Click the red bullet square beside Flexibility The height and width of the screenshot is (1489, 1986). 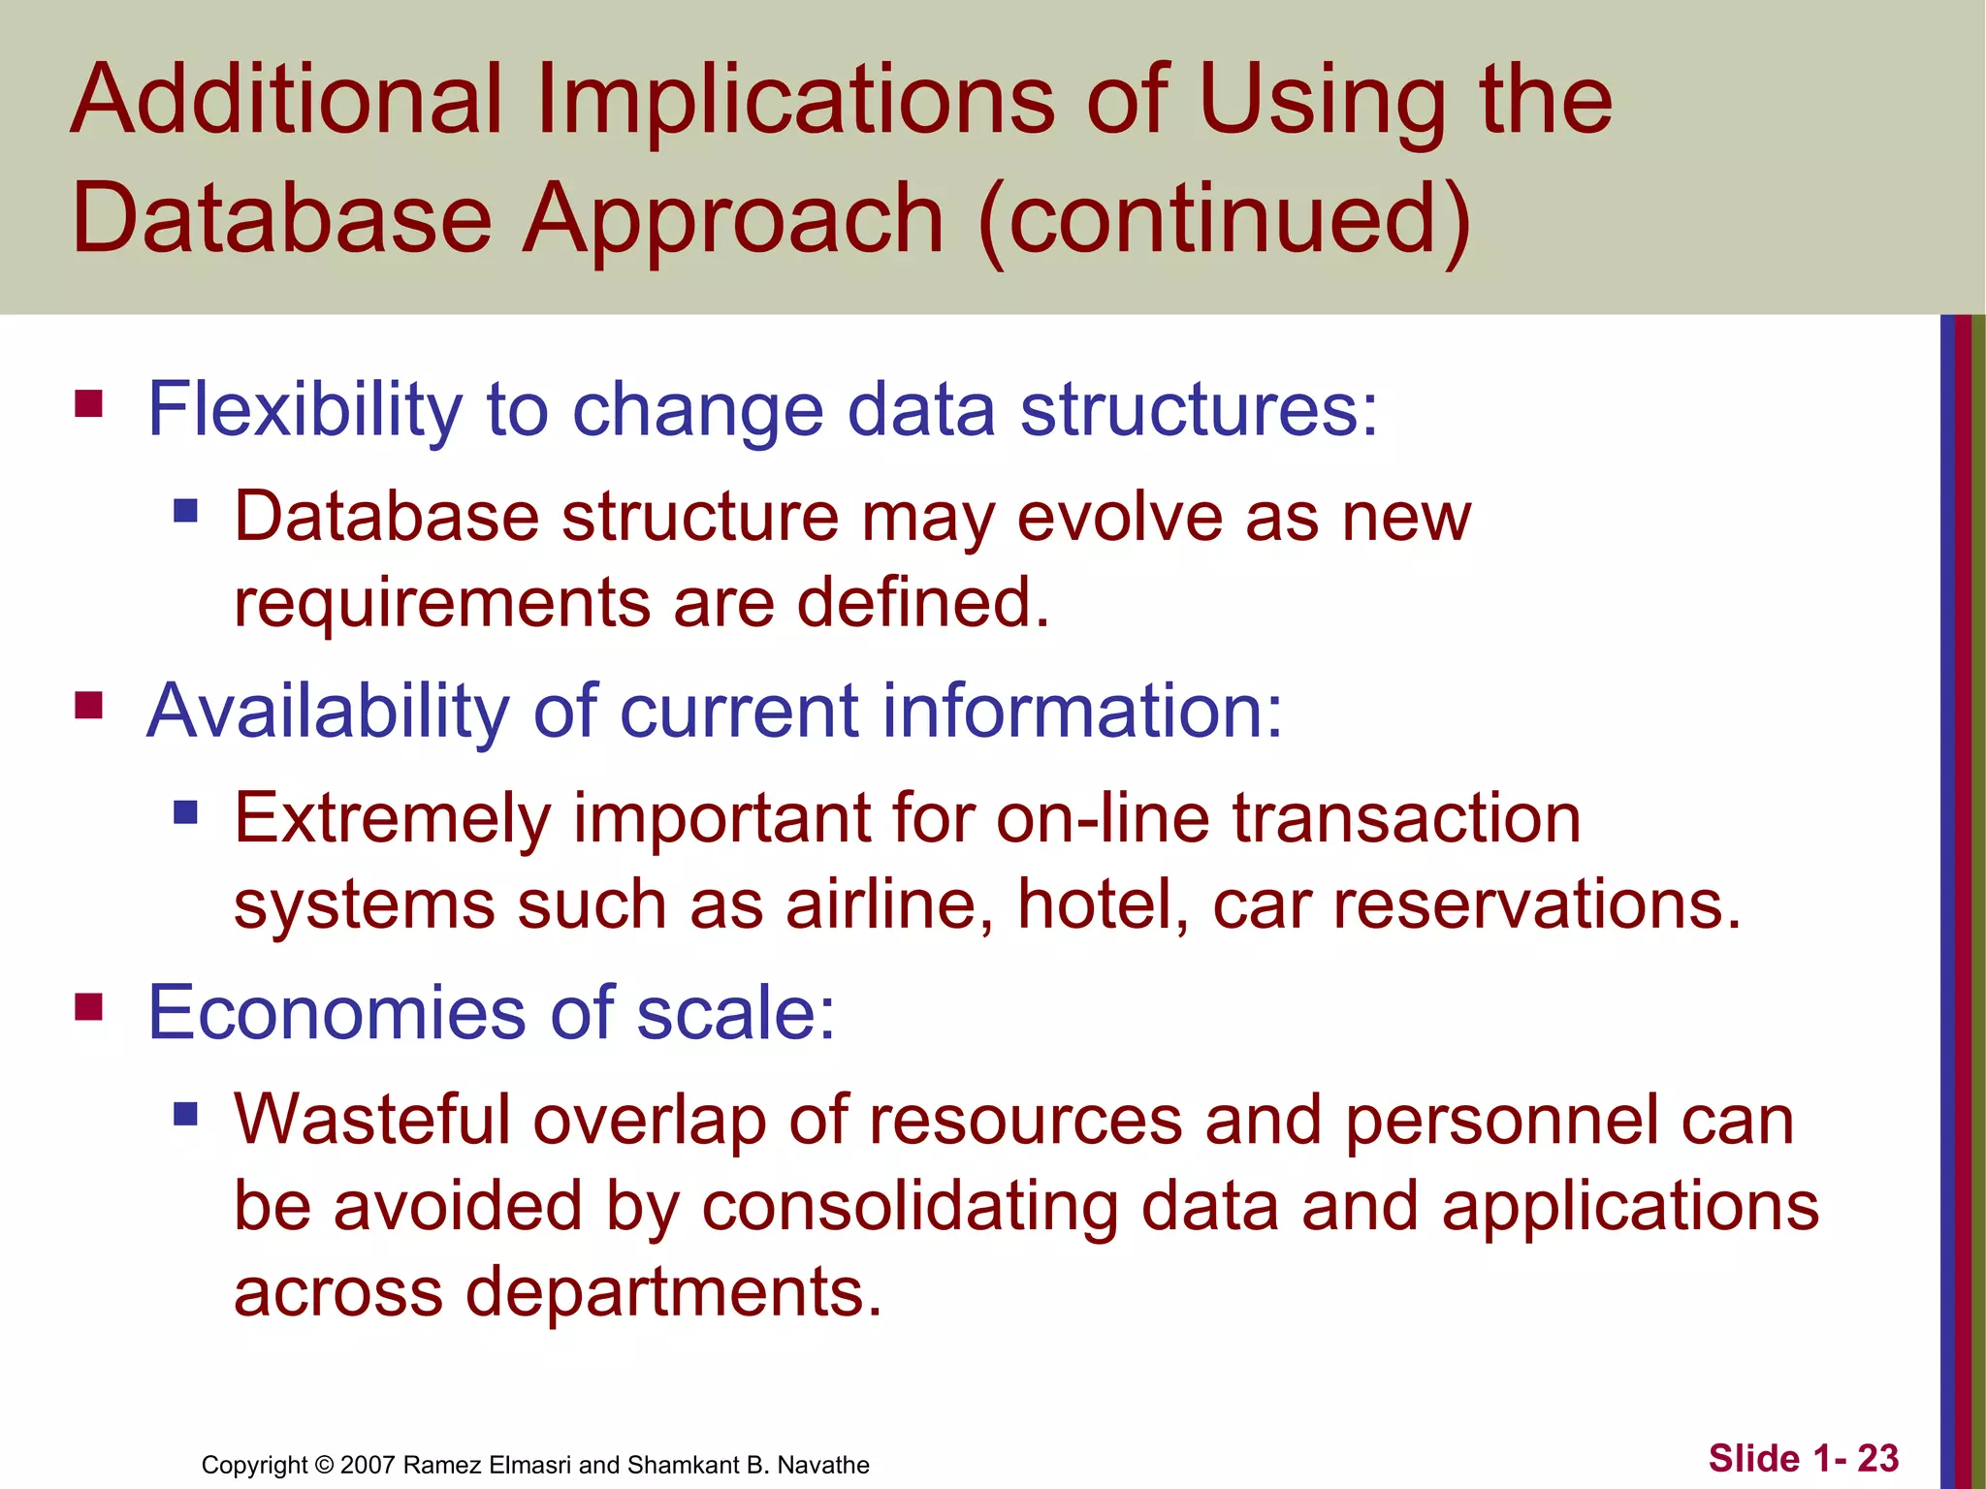coord(88,402)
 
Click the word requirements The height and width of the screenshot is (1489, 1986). coord(441,603)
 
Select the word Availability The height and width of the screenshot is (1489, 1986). coord(327,713)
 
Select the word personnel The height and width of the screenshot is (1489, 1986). coord(1501,1121)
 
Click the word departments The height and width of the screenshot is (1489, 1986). coord(673,1293)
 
